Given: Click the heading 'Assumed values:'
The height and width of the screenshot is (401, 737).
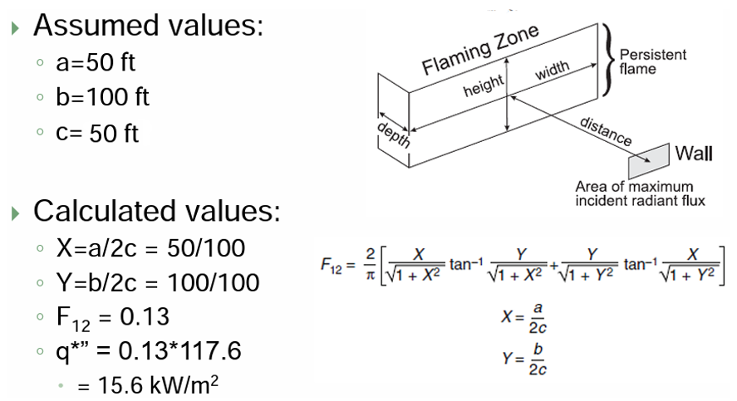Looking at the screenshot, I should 148,26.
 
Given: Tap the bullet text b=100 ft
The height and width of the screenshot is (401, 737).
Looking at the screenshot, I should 102,97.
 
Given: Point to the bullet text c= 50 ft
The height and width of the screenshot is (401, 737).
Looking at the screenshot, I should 97,133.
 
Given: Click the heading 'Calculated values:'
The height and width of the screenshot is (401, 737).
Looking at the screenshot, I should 156,212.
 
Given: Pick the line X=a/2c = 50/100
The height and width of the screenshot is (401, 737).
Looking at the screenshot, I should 150,248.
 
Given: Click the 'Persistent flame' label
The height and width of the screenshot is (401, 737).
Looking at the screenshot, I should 653,61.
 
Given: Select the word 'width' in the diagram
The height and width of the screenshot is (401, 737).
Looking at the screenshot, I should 552,71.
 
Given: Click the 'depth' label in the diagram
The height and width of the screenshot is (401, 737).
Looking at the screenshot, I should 394,134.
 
